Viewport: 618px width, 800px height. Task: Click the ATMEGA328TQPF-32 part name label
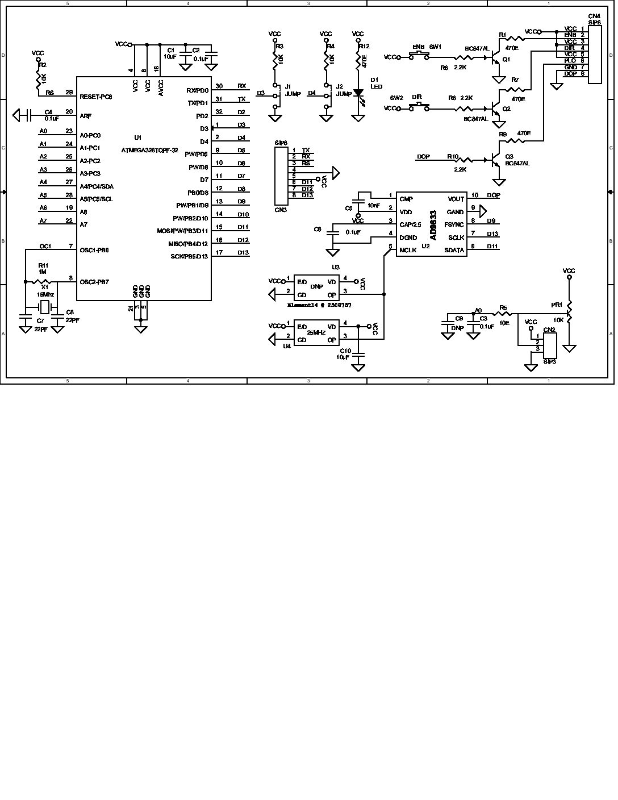149,151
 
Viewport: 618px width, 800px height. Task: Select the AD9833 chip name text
433,225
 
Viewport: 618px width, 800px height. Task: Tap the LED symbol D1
358,92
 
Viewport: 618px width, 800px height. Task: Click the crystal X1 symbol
44,307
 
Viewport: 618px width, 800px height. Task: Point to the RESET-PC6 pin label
96,97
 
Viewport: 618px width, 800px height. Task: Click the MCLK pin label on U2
408,250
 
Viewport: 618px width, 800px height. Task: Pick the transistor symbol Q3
496,160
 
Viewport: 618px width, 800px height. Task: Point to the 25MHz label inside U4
316,332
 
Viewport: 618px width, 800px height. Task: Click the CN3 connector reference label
281,210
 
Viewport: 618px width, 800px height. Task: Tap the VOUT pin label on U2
456,199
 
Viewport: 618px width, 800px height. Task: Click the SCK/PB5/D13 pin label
189,256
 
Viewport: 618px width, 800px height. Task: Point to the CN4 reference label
594,16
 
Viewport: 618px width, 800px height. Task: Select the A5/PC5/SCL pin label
96,199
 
